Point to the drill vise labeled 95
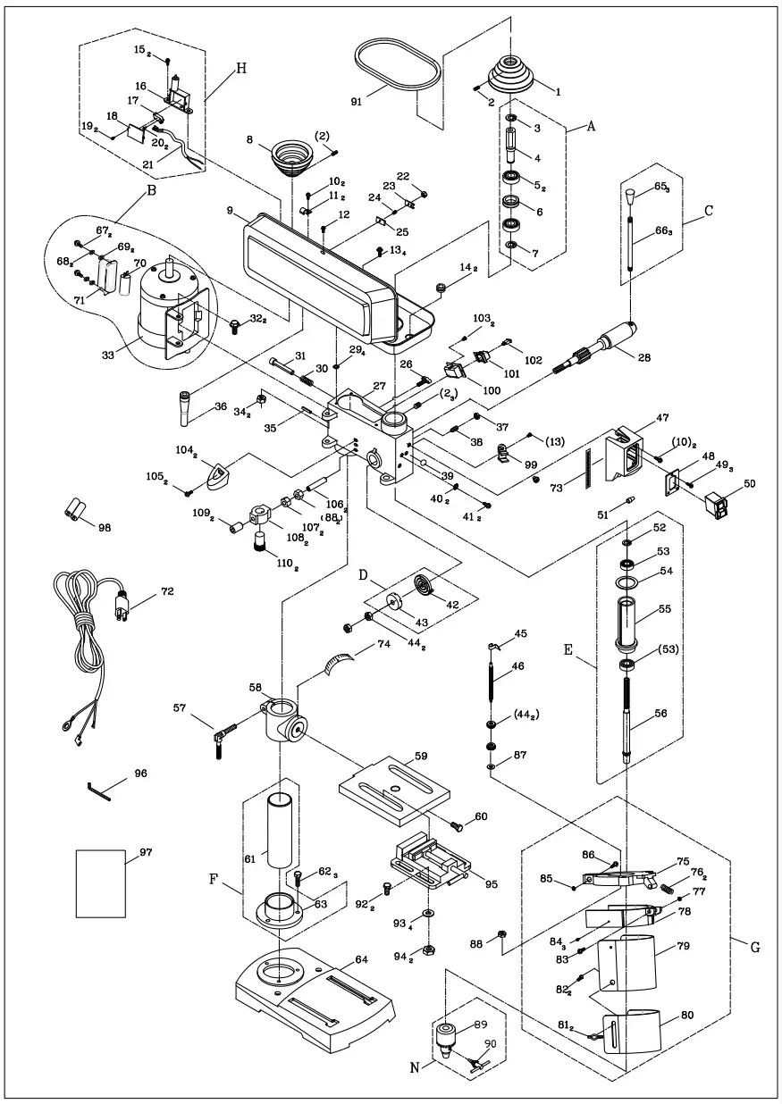428,862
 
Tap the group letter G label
754,947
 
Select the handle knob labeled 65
633,194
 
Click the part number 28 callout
643,357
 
